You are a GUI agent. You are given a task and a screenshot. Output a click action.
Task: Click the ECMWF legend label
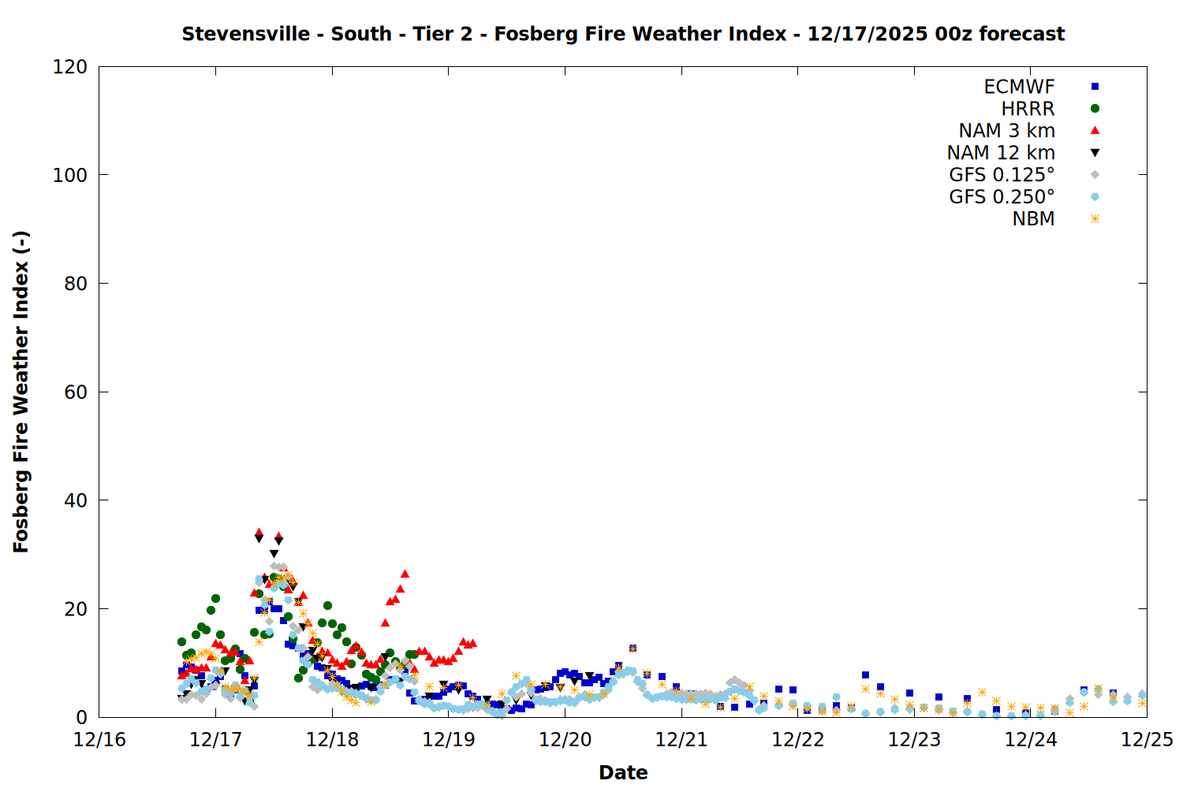[x=1019, y=87]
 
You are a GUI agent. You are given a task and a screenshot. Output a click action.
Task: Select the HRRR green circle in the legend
[x=1095, y=109]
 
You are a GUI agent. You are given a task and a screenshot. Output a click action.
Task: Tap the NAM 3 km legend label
[x=1006, y=131]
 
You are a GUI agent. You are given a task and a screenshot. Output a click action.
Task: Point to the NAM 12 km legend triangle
[x=1095, y=153]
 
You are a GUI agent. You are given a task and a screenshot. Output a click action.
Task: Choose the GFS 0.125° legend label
[x=1002, y=175]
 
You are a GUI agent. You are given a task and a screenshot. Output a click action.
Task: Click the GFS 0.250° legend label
[x=1002, y=197]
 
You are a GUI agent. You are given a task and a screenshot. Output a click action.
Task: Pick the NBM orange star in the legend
[x=1095, y=219]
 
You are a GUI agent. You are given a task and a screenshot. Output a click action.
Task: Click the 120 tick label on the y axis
[x=70, y=67]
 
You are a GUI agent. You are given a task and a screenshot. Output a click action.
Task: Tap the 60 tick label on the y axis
[x=76, y=392]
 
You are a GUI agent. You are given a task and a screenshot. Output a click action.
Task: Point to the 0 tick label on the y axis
[x=82, y=718]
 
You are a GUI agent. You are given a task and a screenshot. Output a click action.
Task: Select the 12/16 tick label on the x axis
[x=99, y=740]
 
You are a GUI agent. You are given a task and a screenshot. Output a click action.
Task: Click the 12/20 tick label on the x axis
[x=565, y=740]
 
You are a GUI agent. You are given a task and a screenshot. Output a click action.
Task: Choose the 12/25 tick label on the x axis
[x=1147, y=740]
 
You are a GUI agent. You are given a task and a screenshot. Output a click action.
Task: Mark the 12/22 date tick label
[x=798, y=740]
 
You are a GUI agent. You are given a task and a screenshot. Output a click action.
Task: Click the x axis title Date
[x=623, y=772]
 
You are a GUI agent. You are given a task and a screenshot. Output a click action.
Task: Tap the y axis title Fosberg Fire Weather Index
[x=21, y=392]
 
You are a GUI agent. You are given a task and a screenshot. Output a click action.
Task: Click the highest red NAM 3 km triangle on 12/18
[x=405, y=574]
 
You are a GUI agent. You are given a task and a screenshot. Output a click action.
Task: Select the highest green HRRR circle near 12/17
[x=215, y=599]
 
